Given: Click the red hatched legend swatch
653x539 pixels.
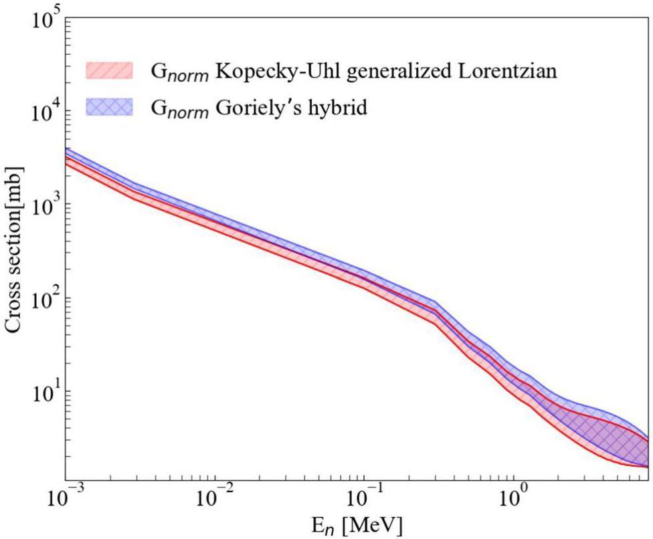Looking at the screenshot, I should click(110, 70).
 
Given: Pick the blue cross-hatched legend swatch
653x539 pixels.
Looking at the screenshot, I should click(110, 107).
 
